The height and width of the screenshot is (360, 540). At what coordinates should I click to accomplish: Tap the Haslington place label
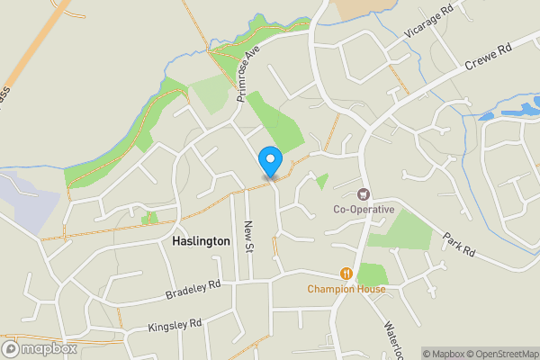pyautogui.click(x=194, y=242)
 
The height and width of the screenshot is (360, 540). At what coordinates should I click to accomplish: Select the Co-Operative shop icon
pyautogui.click(x=364, y=193)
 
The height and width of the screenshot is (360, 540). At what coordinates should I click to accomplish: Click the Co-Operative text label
pyautogui.click(x=364, y=210)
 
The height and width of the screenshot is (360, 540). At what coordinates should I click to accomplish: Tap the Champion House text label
pyautogui.click(x=346, y=289)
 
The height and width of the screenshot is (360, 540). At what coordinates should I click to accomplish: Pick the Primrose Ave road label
pyautogui.click(x=247, y=73)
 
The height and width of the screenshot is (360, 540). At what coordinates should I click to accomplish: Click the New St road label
pyautogui.click(x=249, y=238)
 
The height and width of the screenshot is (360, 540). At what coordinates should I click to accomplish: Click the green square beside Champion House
pyautogui.click(x=371, y=274)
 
